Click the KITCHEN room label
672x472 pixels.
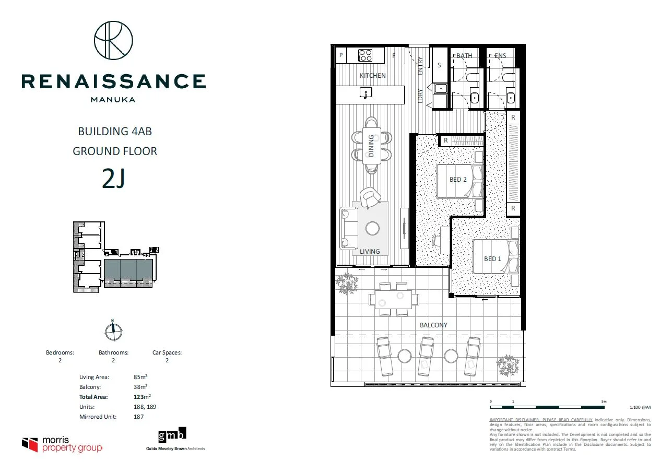click(x=373, y=76)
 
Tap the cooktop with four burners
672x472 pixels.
click(x=365, y=55)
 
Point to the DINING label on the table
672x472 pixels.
click(x=371, y=146)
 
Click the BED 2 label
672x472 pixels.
click(x=458, y=180)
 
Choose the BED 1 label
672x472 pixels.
click(x=492, y=258)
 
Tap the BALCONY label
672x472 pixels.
click(x=433, y=325)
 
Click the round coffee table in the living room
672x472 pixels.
click(x=373, y=229)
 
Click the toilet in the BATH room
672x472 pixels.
click(x=473, y=78)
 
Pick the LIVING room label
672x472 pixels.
click(x=370, y=252)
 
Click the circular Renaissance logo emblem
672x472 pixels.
click(x=113, y=40)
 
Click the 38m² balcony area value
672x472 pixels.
click(x=140, y=387)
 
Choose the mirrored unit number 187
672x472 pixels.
click(x=139, y=417)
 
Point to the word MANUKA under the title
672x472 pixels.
click(x=113, y=99)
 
